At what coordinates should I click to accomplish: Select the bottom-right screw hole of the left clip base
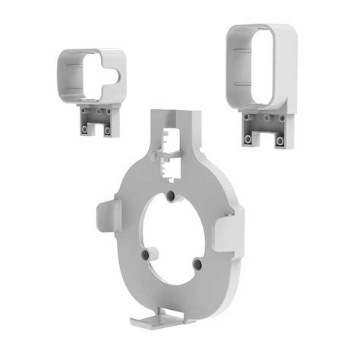[x=106, y=130]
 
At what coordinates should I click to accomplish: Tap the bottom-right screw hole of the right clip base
[x=279, y=141]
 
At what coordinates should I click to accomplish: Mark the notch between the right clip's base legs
[x=263, y=141]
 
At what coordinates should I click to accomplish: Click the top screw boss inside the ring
[x=172, y=196]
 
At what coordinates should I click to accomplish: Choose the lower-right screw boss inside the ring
[x=197, y=264]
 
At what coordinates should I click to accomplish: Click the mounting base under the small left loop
[x=95, y=120]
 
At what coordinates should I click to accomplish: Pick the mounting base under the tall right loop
[x=264, y=129]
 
